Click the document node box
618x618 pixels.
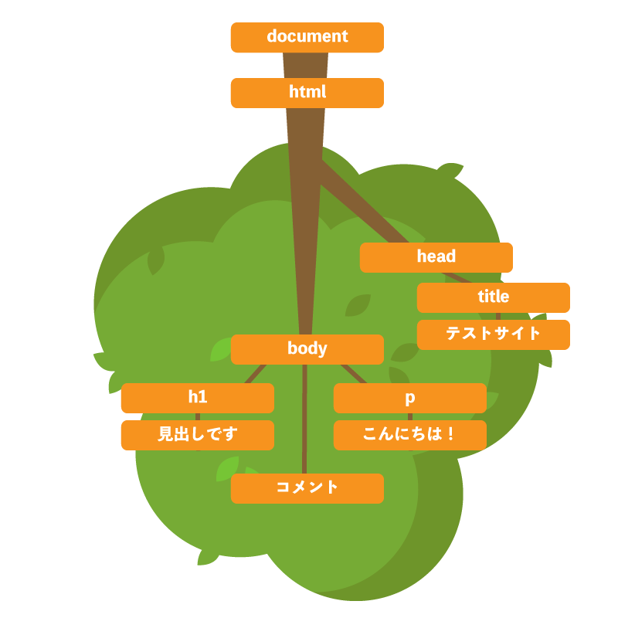click(x=307, y=37)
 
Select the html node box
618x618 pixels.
click(x=307, y=93)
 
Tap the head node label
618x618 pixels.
click(x=436, y=257)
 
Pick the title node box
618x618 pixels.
click(x=493, y=297)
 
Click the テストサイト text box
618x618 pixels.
click(x=493, y=334)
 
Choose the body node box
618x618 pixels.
click(x=307, y=349)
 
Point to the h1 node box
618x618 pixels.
click(x=197, y=398)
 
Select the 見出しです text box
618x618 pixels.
click(x=197, y=435)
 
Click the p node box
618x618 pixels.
click(x=409, y=398)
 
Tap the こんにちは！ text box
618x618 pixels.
click(x=409, y=435)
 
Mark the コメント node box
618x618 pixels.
click(x=307, y=488)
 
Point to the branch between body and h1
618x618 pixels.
click(x=256, y=374)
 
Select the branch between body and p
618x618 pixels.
click(x=353, y=374)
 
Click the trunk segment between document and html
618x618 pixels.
click(x=305, y=66)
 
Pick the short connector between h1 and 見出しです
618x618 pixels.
click(x=198, y=417)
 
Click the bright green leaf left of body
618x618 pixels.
click(x=220, y=351)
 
